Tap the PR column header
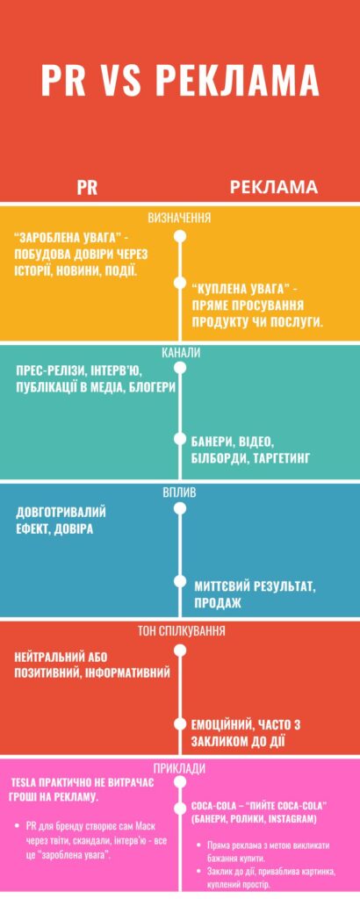[x=87, y=189]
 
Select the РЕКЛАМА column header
[x=274, y=188]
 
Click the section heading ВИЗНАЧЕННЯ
[x=179, y=218]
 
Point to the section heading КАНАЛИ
[x=181, y=353]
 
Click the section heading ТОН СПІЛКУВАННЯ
[x=181, y=631]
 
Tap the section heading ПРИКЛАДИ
[x=180, y=769]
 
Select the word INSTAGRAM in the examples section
[x=291, y=819]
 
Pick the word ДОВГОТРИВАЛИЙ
[x=61, y=512]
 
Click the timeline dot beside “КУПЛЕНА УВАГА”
[x=180, y=284]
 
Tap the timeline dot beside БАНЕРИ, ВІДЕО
[x=180, y=439]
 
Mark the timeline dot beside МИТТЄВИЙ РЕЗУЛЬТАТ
[x=180, y=581]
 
